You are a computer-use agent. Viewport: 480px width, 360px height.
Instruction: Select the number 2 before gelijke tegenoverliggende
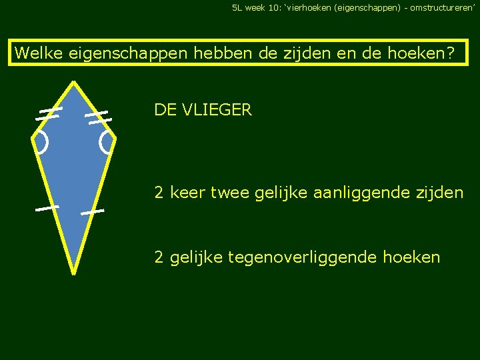(159, 257)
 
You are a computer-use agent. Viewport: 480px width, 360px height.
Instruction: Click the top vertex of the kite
(73, 83)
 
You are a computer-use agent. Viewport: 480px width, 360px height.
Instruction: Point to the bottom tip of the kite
(73, 272)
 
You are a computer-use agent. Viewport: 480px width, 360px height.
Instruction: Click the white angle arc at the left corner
(41, 142)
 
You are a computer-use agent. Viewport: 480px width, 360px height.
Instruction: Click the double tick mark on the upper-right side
(97, 117)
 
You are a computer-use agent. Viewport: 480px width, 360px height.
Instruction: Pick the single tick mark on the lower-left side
(47, 209)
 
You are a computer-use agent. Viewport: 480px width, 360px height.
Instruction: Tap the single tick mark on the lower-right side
(93, 212)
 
